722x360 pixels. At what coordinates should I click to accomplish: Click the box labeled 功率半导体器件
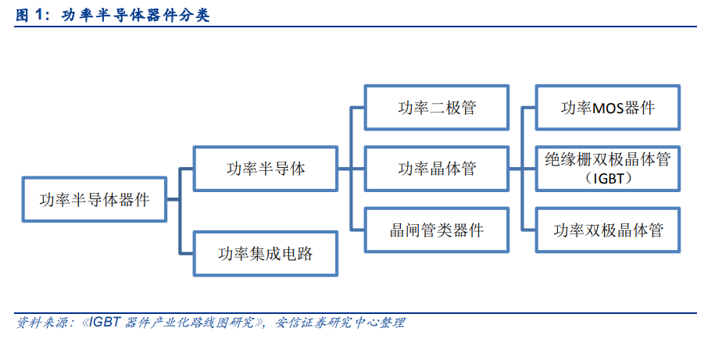click(x=95, y=199)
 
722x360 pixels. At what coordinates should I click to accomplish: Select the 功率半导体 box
click(x=266, y=169)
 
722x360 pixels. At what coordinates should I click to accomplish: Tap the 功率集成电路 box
click(x=266, y=254)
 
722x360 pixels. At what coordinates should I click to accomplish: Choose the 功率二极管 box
click(x=437, y=108)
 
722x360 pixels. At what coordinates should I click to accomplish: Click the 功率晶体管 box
click(x=437, y=169)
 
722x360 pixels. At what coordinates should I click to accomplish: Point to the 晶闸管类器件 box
click(x=437, y=230)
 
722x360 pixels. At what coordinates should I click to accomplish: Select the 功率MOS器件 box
click(x=608, y=108)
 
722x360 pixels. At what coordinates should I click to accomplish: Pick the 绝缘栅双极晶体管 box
click(x=608, y=169)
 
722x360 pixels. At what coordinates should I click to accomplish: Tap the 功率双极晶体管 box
click(x=608, y=230)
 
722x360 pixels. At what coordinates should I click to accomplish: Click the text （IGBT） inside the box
click(x=608, y=179)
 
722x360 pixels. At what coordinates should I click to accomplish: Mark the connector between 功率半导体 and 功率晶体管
click(x=352, y=169)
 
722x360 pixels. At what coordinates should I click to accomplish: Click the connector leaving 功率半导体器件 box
click(x=173, y=199)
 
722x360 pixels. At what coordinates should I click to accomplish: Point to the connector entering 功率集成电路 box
click(x=187, y=254)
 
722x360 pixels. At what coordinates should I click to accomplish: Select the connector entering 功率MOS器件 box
click(x=528, y=108)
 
